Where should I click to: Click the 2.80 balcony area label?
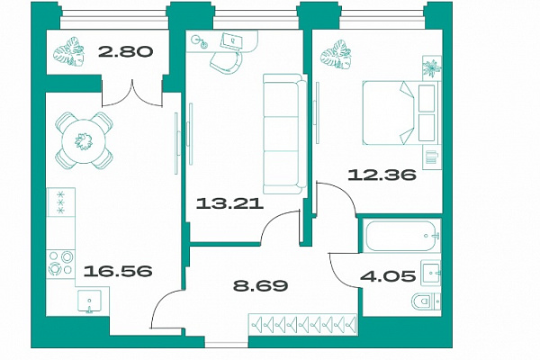tap(125, 52)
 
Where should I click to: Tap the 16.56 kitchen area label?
tap(118, 271)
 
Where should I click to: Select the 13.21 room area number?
tap(229, 203)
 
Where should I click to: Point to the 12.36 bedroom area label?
tap(382, 175)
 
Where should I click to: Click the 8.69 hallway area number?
tap(260, 285)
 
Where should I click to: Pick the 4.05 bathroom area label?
tap(388, 276)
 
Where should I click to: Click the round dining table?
tap(84, 141)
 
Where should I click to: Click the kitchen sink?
tap(89, 301)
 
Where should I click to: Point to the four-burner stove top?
tap(60, 263)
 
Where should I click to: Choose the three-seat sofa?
tap(284, 134)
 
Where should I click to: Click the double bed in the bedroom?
tap(401, 112)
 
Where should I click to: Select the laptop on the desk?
tap(230, 41)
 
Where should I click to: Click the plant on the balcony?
tap(69, 51)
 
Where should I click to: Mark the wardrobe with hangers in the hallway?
tap(303, 324)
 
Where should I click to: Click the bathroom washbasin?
tap(430, 273)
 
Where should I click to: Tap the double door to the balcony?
tap(132, 93)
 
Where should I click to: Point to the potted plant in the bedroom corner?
tap(432, 68)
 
